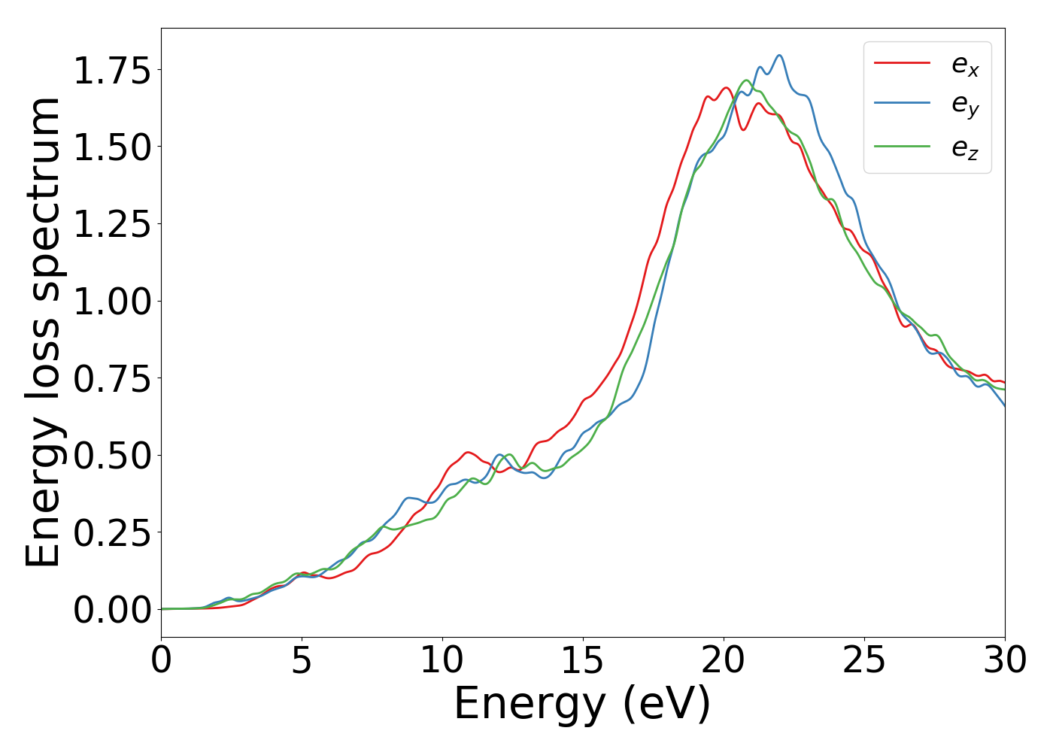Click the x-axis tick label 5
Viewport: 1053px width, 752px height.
point(302,661)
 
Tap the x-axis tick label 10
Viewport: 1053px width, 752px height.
point(442,661)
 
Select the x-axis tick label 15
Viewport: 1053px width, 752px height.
point(583,661)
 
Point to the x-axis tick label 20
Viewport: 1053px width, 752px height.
point(724,661)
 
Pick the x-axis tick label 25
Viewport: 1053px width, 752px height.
point(864,661)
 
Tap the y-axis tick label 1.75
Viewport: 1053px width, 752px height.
point(112,71)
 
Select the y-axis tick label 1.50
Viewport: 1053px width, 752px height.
point(112,147)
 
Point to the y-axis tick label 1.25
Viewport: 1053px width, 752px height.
point(112,224)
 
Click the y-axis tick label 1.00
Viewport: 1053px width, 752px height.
point(112,302)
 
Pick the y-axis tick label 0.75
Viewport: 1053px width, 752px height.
point(112,378)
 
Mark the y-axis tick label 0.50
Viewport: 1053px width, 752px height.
point(112,456)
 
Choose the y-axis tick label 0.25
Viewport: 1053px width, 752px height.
point(112,532)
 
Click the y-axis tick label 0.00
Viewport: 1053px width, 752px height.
point(112,610)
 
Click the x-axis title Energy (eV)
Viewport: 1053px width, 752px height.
point(582,705)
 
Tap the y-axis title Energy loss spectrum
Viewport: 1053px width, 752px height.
point(44,332)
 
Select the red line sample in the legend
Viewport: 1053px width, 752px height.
point(902,63)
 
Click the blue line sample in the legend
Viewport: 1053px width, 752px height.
point(902,105)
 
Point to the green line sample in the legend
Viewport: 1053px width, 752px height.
point(902,147)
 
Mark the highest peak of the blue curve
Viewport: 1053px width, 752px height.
point(779,55)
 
